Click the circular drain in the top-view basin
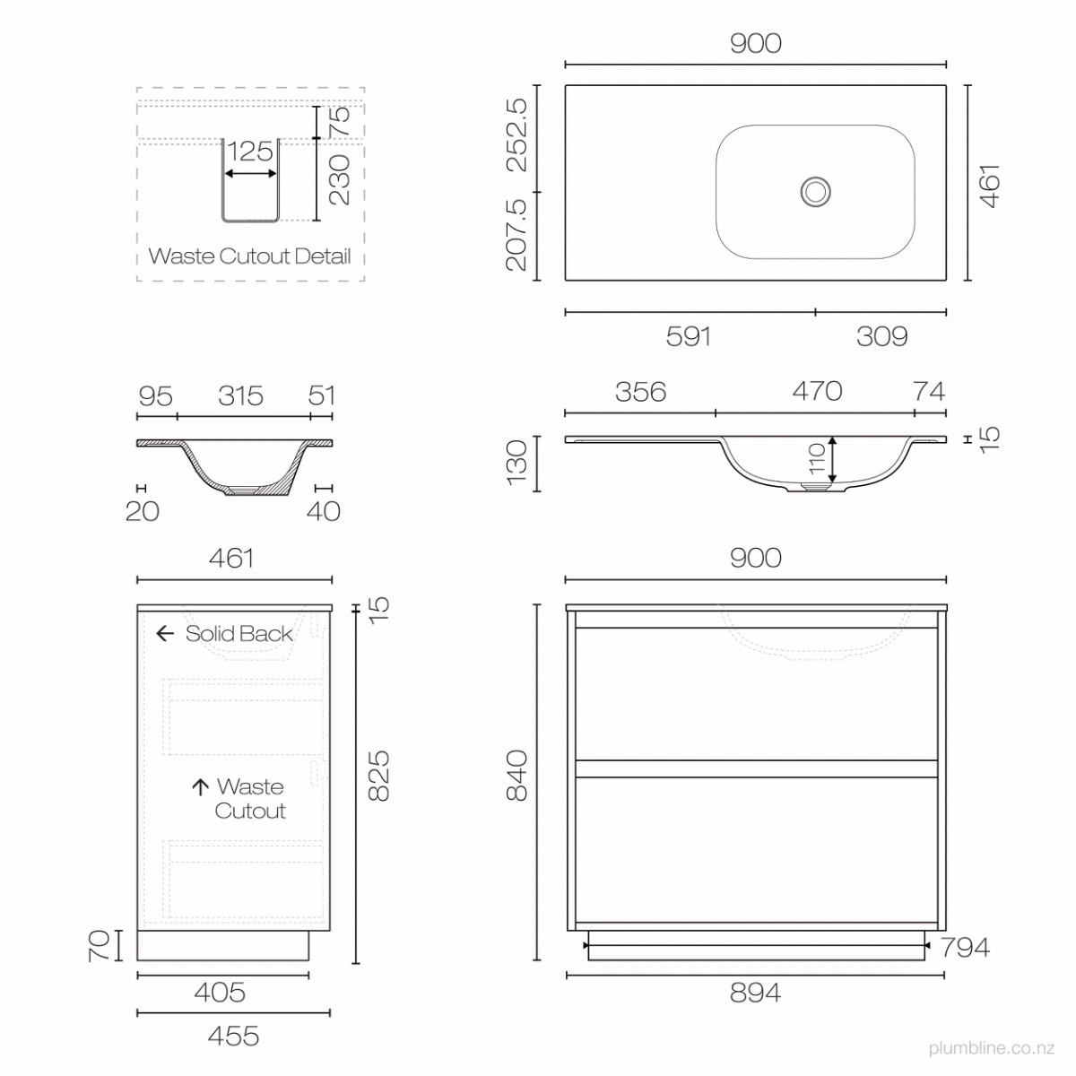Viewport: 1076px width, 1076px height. pyautogui.click(x=815, y=192)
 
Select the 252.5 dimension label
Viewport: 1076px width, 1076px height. pyautogui.click(x=516, y=134)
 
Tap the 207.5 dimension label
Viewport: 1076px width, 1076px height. pyautogui.click(x=516, y=235)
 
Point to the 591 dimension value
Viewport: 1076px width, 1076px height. pyautogui.click(x=689, y=336)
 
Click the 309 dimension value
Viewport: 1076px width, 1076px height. pyautogui.click(x=882, y=336)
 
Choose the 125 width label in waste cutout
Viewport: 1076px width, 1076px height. pyautogui.click(x=250, y=152)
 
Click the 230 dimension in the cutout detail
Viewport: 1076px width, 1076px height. pyautogui.click(x=340, y=180)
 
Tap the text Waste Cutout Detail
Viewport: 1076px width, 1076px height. pyautogui.click(x=249, y=256)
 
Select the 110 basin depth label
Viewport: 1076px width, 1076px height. pyautogui.click(x=817, y=458)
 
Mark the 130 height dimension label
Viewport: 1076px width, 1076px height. pyautogui.click(x=516, y=463)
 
